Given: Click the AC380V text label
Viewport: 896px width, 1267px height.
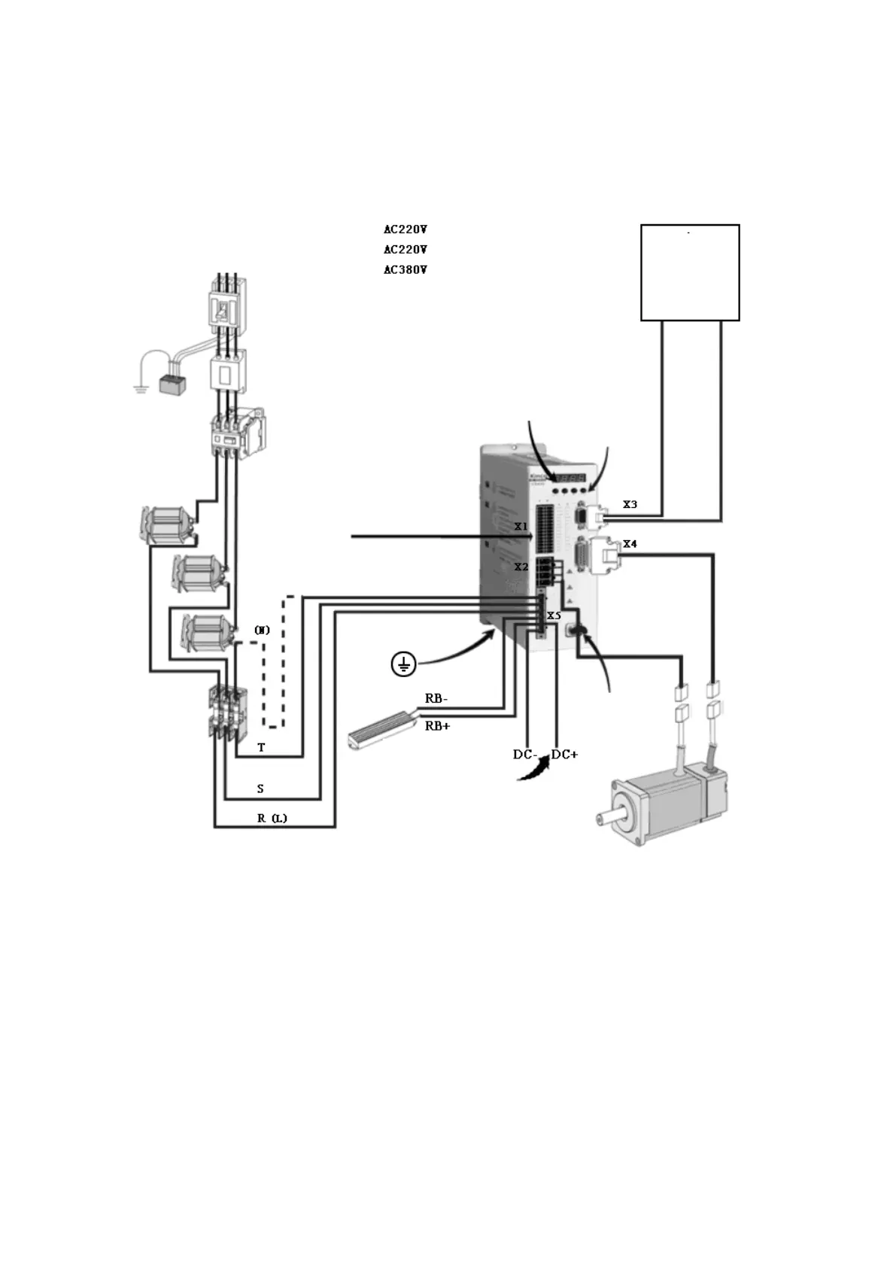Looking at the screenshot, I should pos(405,269).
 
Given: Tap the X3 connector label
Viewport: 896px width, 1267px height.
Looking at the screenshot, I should pos(630,504).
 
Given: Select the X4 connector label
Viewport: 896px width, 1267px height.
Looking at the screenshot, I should pos(630,543).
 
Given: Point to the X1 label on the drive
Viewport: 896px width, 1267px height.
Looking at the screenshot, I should pos(521,527).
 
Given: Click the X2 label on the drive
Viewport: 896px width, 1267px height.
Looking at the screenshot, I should pos(521,567).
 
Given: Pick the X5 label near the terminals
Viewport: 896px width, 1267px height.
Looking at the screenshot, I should pos(554,615).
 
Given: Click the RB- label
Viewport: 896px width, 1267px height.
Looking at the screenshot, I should pos(436,698).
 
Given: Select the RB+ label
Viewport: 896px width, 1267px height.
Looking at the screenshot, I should pos(437,726).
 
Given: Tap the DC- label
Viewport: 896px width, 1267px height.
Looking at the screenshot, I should pos(524,754).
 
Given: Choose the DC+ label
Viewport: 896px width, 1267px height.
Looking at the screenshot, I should pos(564,754).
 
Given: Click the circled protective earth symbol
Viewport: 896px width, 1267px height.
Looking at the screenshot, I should pos(404,664).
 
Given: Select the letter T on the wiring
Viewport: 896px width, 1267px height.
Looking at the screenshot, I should pos(261,748).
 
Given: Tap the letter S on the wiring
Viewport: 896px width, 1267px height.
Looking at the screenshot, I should pos(260,788).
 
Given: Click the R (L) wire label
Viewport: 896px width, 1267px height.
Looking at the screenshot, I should pos(272,818).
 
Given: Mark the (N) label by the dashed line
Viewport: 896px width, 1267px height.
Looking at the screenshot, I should pos(262,630).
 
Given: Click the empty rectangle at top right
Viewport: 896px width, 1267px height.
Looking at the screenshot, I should pos(689,272).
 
